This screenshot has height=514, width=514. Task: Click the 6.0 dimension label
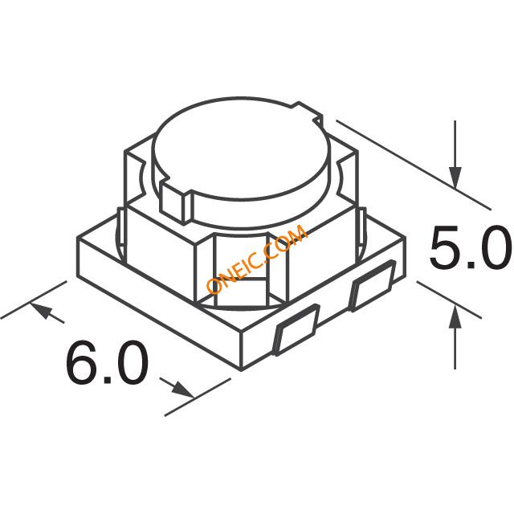[107, 363]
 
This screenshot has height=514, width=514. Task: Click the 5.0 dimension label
[471, 247]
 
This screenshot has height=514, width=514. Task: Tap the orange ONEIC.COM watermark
[257, 259]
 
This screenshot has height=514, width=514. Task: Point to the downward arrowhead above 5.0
[455, 178]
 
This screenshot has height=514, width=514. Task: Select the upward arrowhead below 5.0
[455, 316]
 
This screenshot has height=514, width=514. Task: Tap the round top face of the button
[241, 149]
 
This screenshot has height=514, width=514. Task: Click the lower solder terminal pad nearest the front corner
[297, 330]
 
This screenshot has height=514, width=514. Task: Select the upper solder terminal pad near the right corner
[373, 286]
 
